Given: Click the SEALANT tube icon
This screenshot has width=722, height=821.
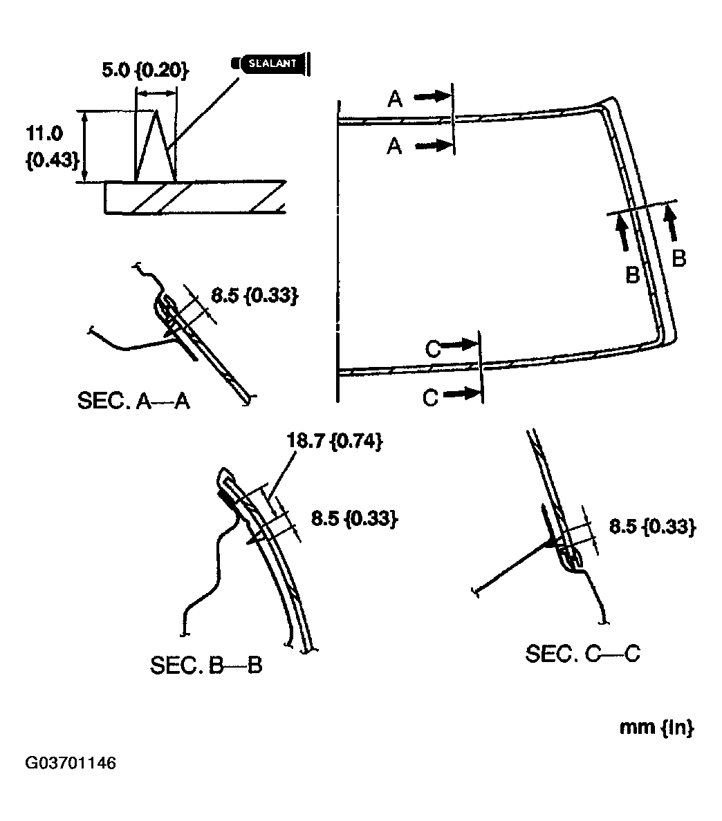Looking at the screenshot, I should [x=270, y=64].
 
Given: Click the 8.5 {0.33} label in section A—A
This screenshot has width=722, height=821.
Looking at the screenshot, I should [x=254, y=296].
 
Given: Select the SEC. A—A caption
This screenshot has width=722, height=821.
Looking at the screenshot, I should [x=133, y=402].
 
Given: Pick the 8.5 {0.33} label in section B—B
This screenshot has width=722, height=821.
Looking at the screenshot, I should [x=353, y=519].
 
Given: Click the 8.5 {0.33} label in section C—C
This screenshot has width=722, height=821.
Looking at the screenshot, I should [x=651, y=527].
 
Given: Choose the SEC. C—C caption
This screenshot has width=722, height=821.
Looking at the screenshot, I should [x=582, y=654].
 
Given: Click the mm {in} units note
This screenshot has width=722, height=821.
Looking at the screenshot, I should [x=656, y=728].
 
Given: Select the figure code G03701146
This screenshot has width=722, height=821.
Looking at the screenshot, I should [x=71, y=764].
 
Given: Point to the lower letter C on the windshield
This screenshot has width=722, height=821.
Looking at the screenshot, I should [x=430, y=398].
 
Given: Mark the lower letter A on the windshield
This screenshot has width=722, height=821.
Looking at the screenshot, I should [x=394, y=147].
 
